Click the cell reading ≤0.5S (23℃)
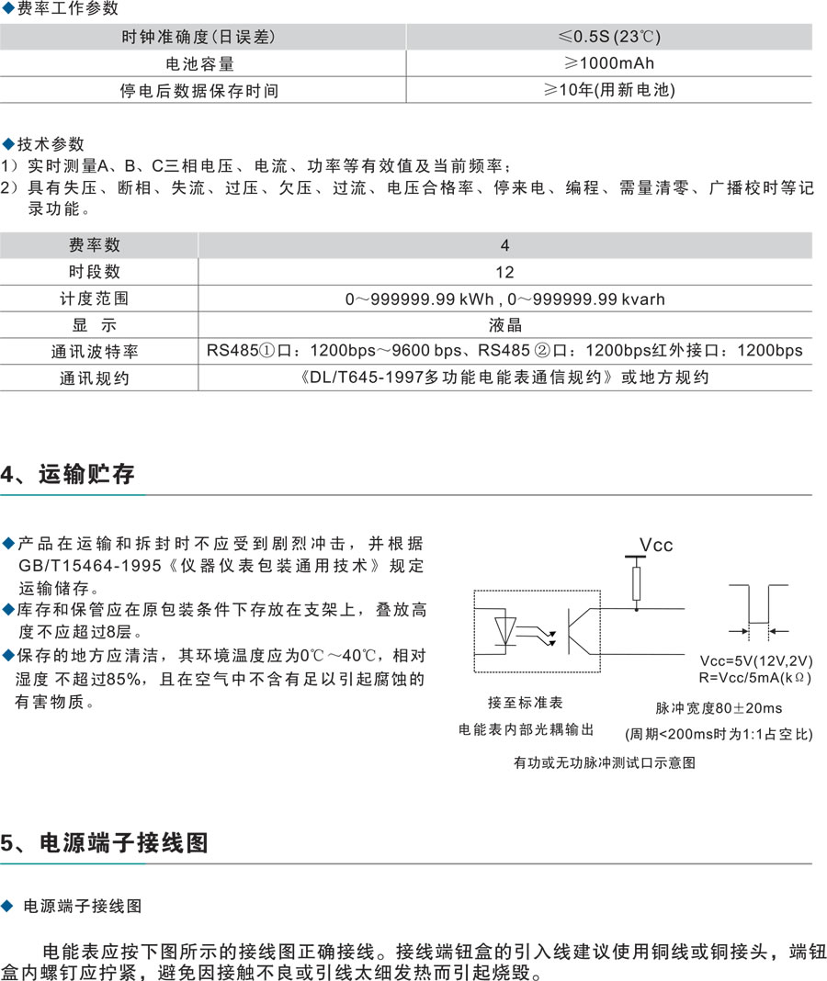pyautogui.click(x=609, y=37)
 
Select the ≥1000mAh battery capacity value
pyautogui.click(x=609, y=63)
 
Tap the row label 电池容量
pyautogui.click(x=199, y=63)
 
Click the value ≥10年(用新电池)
pyautogui.click(x=609, y=90)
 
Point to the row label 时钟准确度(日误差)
pyautogui.click(x=198, y=37)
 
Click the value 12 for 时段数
pyautogui.click(x=504, y=272)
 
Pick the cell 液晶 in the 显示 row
pyautogui.click(x=504, y=324)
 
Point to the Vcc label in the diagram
pyautogui.click(x=656, y=545)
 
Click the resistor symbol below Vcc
pyautogui.click(x=637, y=582)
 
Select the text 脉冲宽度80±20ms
pyautogui.click(x=719, y=708)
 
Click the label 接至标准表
pyautogui.click(x=525, y=703)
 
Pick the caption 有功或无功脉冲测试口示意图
pyautogui.click(x=604, y=762)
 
